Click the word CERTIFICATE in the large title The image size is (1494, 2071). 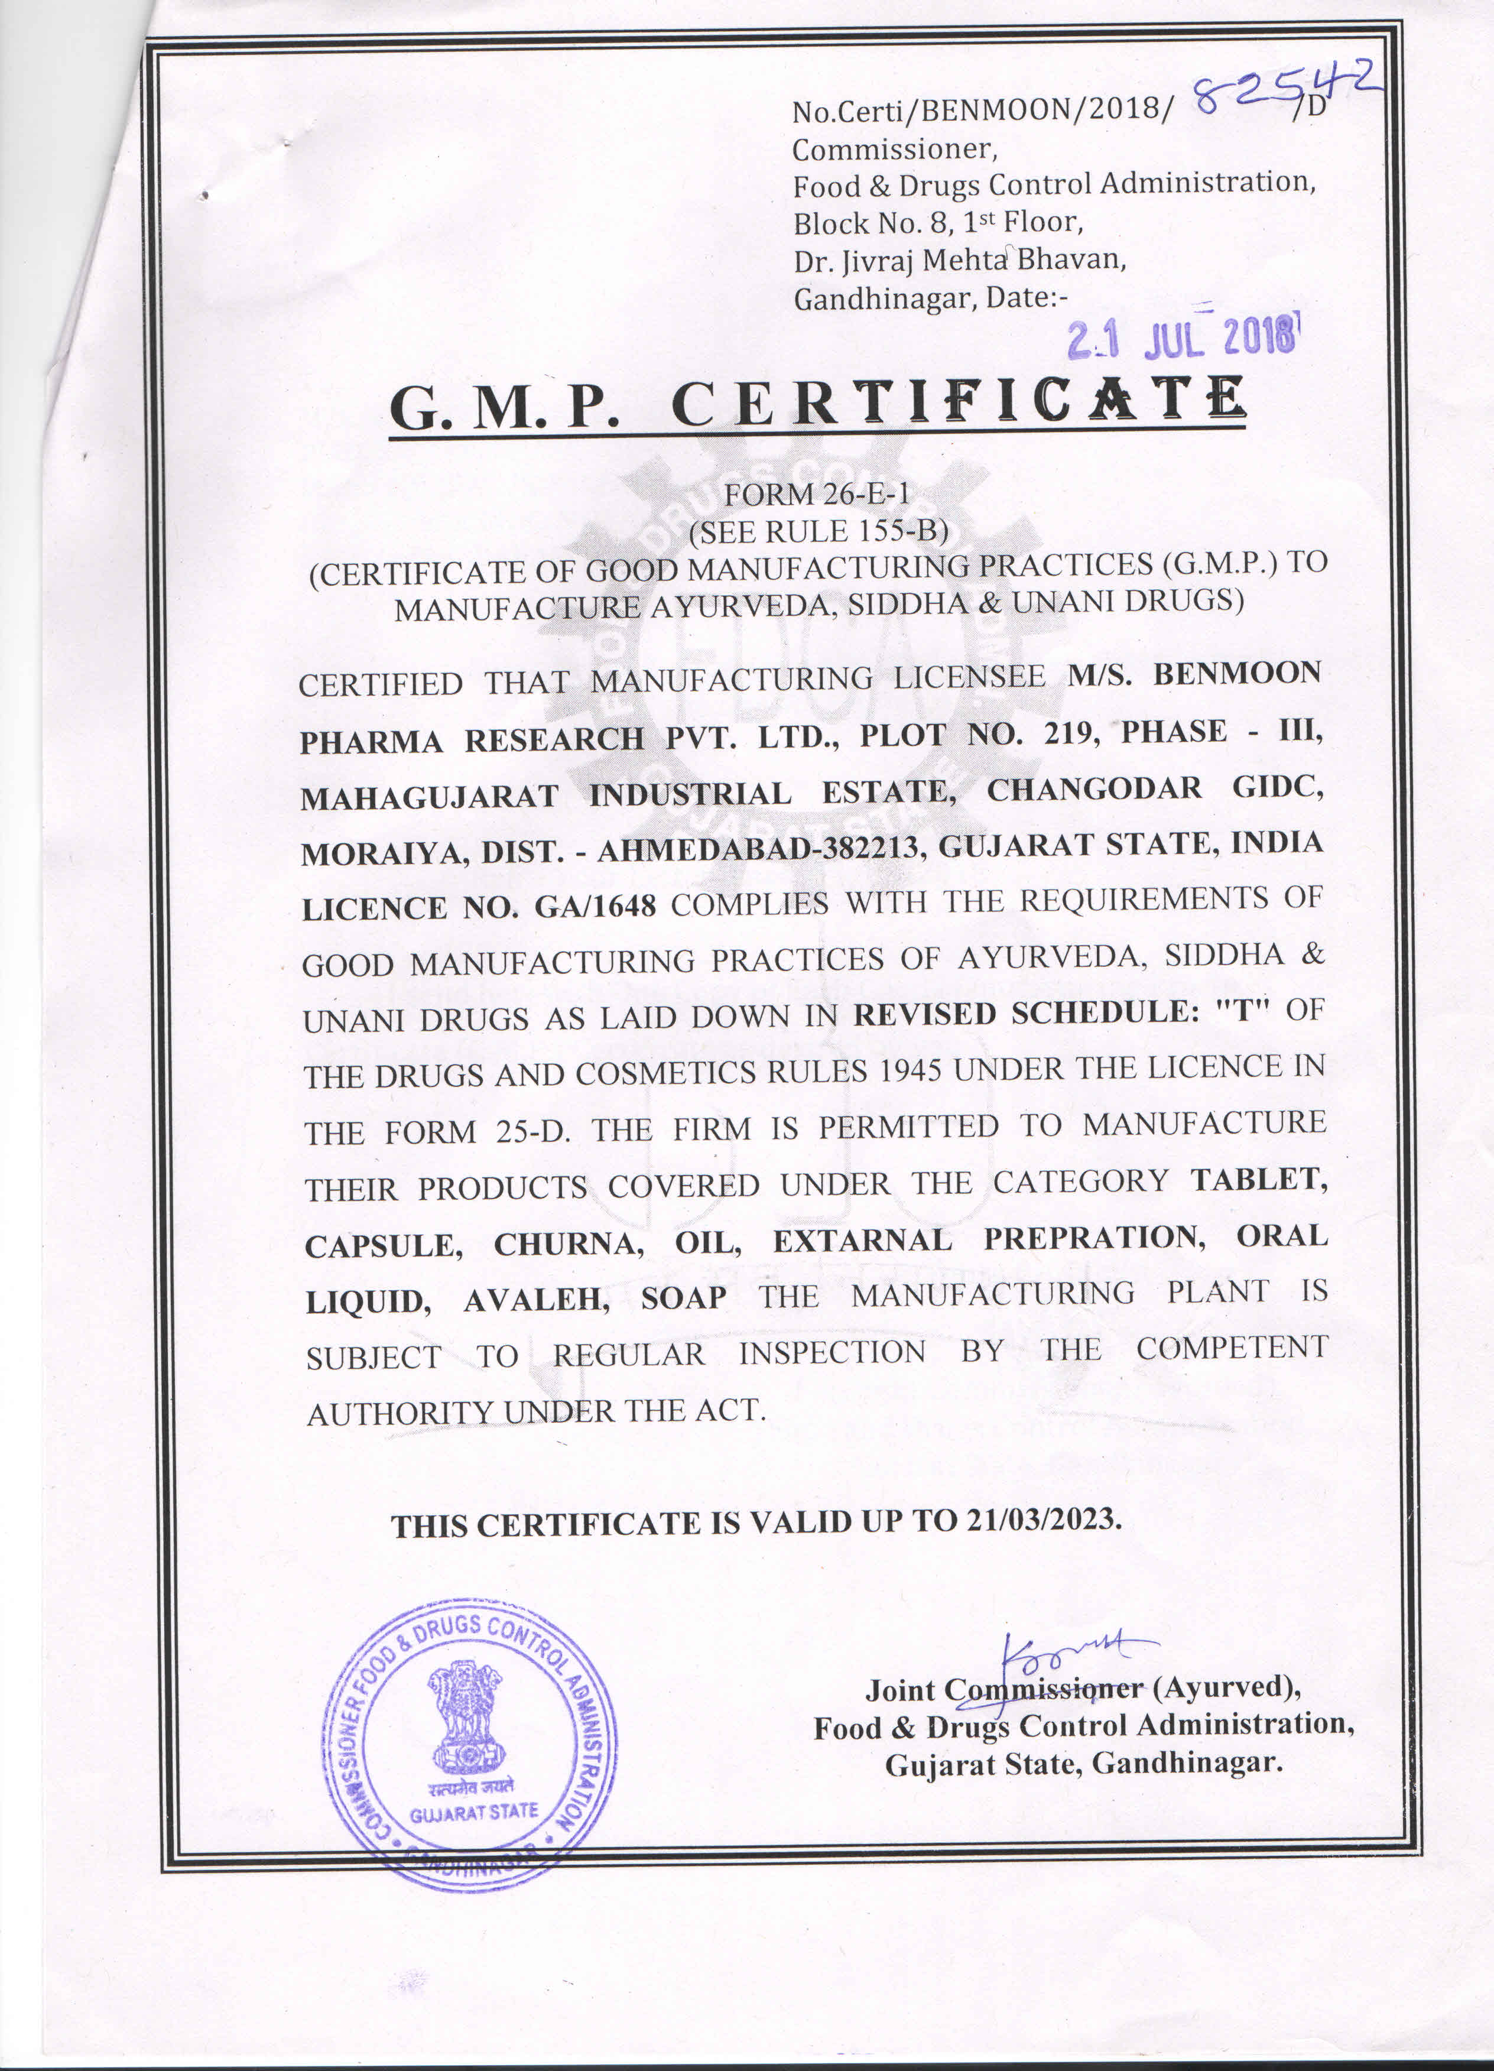coord(958,402)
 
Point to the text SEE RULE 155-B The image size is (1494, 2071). coord(819,531)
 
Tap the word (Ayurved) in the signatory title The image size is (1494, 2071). coord(1226,1687)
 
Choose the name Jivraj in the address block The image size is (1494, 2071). coord(879,261)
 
